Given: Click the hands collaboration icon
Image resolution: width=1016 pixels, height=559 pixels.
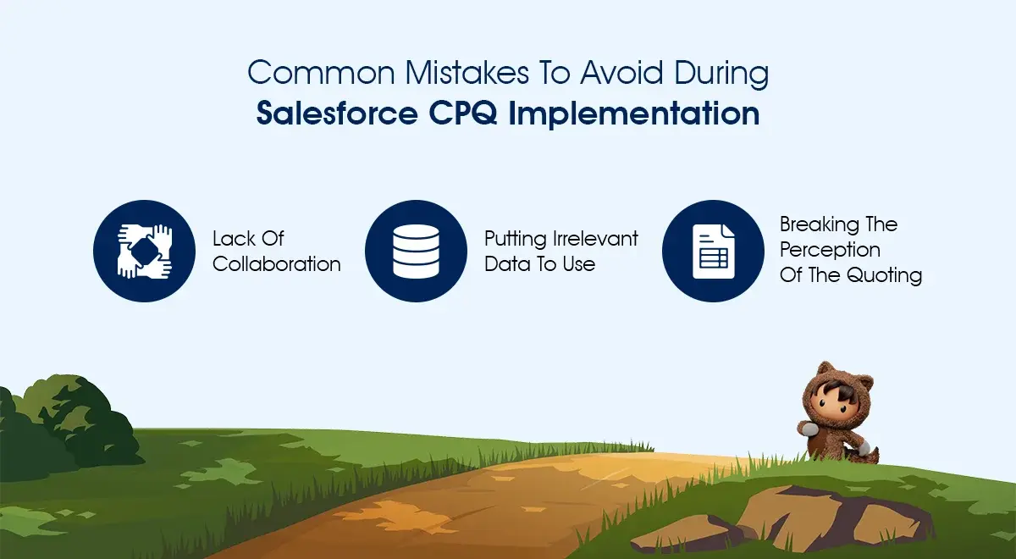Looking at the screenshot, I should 144,251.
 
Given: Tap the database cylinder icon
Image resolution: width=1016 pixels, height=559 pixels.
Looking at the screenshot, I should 416,251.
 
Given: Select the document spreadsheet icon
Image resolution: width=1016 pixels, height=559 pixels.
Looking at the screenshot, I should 713,251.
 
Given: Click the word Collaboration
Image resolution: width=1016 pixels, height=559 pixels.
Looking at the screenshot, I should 277,264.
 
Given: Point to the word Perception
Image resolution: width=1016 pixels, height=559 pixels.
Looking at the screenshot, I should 830,251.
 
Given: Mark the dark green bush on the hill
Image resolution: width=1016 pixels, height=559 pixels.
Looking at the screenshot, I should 68,423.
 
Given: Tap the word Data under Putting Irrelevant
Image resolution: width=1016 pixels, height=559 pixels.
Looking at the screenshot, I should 505,264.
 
